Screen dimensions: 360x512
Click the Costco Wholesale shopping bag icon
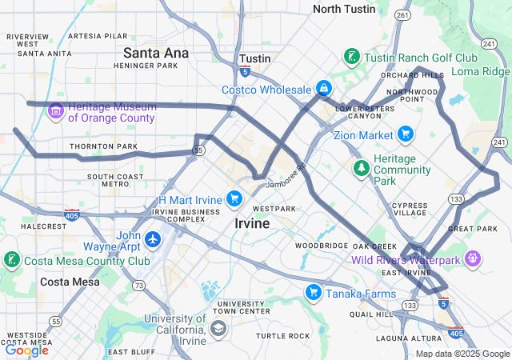[x=323, y=88]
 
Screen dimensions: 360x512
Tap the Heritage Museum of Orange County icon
[x=56, y=110]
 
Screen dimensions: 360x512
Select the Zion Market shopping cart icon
[x=406, y=134]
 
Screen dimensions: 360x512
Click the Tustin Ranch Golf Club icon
[x=350, y=57]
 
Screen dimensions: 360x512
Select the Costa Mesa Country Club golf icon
[x=11, y=260]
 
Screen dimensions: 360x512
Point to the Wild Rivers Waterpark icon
[x=473, y=258]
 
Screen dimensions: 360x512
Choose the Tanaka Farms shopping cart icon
[x=313, y=293]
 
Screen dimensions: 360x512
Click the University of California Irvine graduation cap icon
[x=218, y=327]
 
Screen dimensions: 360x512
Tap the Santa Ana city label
[x=156, y=53]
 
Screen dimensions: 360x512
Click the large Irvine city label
[x=252, y=224]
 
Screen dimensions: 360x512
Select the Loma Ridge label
[x=480, y=71]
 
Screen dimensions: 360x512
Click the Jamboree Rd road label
[x=286, y=177]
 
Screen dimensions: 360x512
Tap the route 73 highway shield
[x=139, y=286]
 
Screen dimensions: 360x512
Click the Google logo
[x=26, y=350]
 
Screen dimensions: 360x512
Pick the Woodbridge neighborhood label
[x=322, y=246]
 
